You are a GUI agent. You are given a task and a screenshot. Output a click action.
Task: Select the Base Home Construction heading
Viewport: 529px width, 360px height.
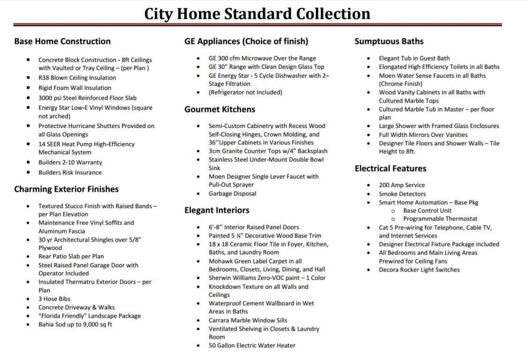coord(62,41)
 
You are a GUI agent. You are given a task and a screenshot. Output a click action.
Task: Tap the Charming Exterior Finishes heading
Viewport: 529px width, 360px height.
coord(66,189)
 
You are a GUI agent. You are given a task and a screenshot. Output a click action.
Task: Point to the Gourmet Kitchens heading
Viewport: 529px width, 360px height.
coord(219,109)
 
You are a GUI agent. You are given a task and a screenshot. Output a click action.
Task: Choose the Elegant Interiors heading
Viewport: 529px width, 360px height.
coord(217,210)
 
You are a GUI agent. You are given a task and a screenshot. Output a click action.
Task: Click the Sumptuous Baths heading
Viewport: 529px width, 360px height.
coord(389,41)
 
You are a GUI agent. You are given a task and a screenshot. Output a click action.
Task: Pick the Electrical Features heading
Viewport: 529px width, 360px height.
coord(390,168)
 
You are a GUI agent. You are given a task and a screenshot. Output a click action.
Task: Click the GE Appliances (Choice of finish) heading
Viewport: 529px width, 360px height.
coord(246,41)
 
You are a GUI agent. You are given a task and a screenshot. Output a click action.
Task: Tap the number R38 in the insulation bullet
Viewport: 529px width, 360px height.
coord(44,78)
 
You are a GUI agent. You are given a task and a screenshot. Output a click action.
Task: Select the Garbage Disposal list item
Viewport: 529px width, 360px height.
coord(233,194)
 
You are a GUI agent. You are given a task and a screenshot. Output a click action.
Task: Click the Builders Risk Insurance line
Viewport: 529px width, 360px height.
coord(70,172)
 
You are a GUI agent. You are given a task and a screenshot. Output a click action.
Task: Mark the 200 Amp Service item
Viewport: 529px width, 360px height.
coord(402,185)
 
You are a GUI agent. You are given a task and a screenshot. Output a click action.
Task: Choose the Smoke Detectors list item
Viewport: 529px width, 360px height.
coord(402,194)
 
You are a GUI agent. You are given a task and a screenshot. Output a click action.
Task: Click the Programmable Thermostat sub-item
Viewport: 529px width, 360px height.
coord(440,219)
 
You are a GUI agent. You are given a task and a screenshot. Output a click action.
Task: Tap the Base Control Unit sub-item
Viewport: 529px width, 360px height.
coord(427,210)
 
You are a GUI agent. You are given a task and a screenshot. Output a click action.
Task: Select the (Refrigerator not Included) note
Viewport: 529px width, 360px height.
coord(245,92)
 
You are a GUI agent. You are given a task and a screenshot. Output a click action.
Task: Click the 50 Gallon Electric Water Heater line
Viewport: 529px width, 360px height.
coord(252,345)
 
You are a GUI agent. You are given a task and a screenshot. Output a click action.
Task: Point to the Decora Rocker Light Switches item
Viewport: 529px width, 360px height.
coord(419,270)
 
